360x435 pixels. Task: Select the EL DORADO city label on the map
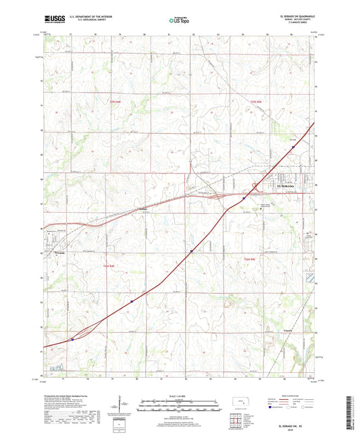pyautogui.click(x=287, y=184)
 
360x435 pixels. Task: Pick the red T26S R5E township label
pyautogui.click(x=251, y=259)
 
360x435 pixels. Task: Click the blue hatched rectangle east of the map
pyautogui.click(x=309, y=278)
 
